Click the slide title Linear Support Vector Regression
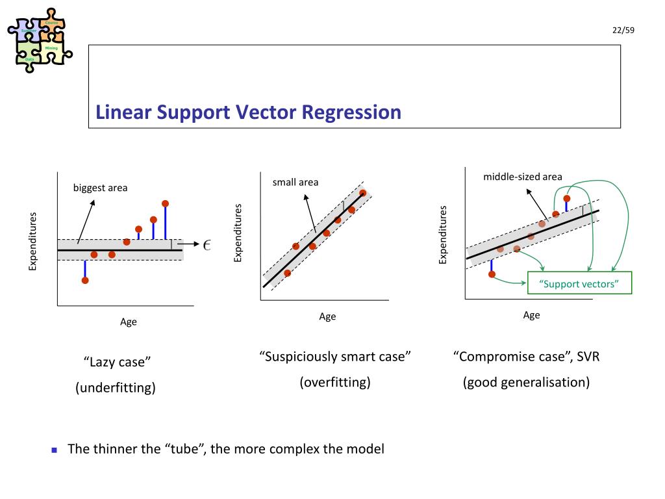[x=248, y=112]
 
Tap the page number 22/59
[x=622, y=31]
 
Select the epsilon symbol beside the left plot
[x=207, y=244]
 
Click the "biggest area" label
[x=100, y=188]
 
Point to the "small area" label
[x=295, y=182]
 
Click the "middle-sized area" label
[x=522, y=177]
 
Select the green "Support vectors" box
[x=579, y=283]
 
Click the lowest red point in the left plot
[x=85, y=280]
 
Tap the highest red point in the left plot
[x=166, y=203]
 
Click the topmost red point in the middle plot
[x=362, y=193]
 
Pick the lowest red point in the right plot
[x=492, y=274]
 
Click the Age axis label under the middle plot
[x=327, y=316]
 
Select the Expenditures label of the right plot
[x=444, y=235]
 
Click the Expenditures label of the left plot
[x=33, y=241]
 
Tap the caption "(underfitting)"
[x=116, y=389]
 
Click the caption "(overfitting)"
[x=335, y=382]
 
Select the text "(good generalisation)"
[x=526, y=382]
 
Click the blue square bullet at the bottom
[x=55, y=450]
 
